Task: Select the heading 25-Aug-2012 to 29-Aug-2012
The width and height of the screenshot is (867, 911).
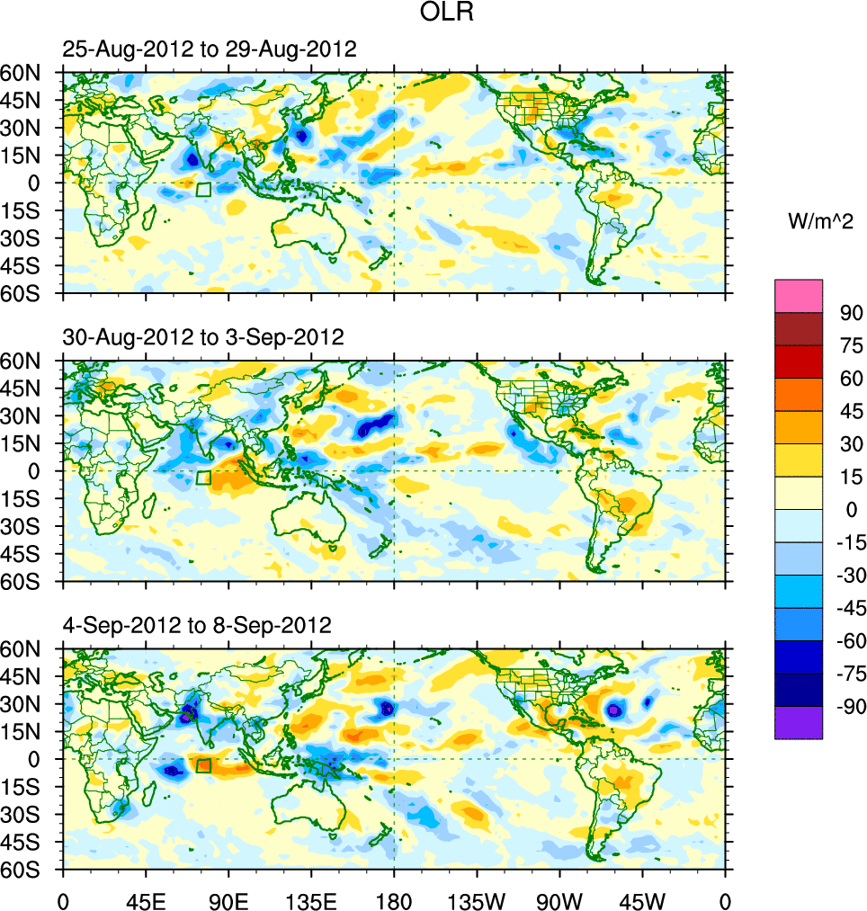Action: coord(210,49)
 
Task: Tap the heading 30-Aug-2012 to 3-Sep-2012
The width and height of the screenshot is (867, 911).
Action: coord(203,337)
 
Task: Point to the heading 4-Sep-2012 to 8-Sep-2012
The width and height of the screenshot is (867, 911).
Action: coord(197,624)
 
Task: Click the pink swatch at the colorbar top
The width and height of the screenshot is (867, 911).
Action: coord(799,295)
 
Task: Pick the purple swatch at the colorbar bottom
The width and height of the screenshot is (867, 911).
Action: coord(799,722)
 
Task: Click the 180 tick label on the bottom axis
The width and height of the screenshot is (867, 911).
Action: coord(394,899)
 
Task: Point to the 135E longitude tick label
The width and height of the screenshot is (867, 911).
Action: coord(311,899)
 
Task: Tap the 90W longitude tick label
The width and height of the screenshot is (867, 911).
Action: coord(559,899)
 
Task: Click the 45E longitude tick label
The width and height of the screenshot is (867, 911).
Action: coord(146,899)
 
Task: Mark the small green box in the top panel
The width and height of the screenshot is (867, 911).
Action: coord(203,190)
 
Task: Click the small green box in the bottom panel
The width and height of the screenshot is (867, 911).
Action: coord(203,765)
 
